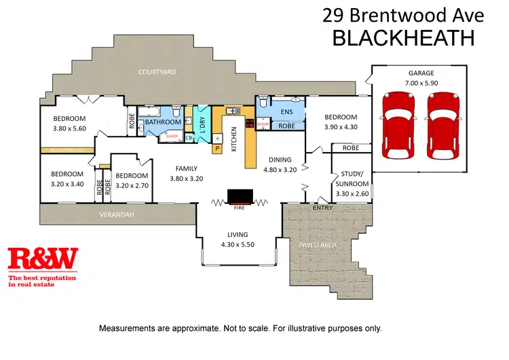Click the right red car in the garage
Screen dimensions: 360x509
(442, 125)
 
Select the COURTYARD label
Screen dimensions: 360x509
(157, 71)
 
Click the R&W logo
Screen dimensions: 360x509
(43, 258)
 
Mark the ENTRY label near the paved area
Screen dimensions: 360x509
(322, 208)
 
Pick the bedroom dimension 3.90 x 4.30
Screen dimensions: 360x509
(341, 126)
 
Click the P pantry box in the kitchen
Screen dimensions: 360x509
(218, 147)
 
